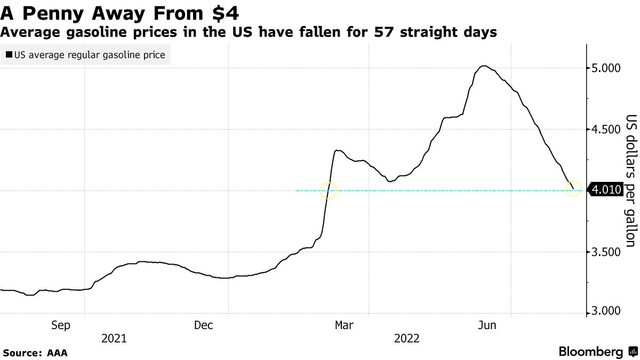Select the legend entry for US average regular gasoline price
[x=85, y=54]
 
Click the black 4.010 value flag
[x=605, y=189]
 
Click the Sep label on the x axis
[x=60, y=325]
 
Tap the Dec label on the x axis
[x=204, y=325]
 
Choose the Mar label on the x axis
[x=345, y=325]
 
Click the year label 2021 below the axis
[x=114, y=338]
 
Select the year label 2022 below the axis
[x=407, y=338]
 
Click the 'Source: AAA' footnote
[x=35, y=353]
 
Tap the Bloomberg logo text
[x=590, y=352]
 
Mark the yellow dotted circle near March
[x=329, y=190]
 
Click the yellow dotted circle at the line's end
[x=573, y=188]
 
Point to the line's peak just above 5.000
[x=484, y=66]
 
